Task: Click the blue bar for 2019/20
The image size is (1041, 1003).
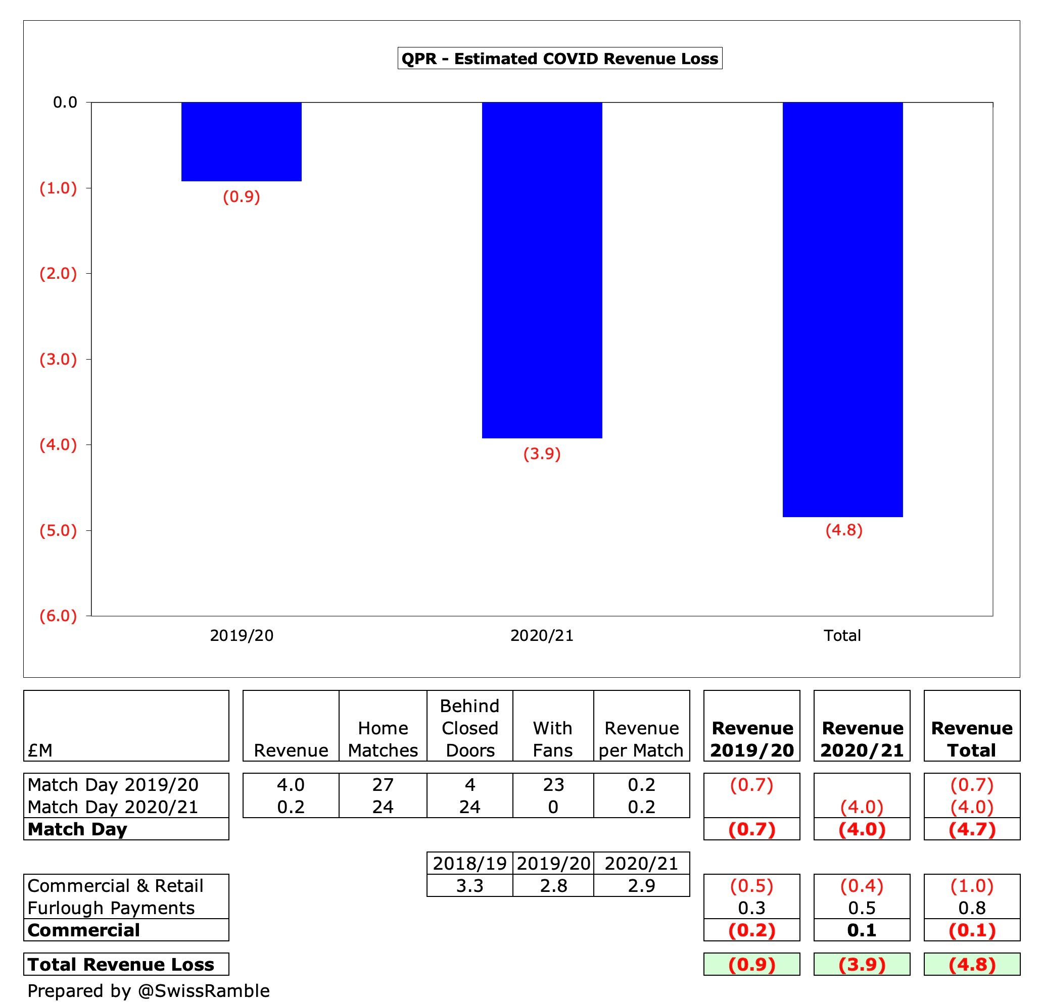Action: click(241, 142)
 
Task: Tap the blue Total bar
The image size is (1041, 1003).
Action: click(842, 309)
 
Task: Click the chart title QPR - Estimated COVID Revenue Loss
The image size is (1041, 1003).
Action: click(559, 59)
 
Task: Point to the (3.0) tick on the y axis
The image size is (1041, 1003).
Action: click(59, 359)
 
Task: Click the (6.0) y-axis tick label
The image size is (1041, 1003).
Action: click(59, 616)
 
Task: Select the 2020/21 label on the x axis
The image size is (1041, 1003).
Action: click(542, 635)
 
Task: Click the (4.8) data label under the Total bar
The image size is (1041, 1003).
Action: click(843, 530)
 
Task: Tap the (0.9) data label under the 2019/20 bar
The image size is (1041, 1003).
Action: click(241, 197)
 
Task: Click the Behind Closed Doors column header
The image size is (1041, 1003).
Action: click(469, 728)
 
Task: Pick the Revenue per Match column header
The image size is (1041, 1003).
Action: click(641, 739)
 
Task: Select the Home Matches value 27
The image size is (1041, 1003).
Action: click(383, 784)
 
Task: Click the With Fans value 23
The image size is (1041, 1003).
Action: click(553, 784)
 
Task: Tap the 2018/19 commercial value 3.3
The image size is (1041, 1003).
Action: click(469, 886)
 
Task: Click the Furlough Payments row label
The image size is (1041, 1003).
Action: click(111, 908)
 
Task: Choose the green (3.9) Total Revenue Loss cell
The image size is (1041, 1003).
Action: click(862, 964)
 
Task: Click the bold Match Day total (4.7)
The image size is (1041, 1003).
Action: click(971, 829)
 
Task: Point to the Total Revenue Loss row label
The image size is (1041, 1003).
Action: click(121, 964)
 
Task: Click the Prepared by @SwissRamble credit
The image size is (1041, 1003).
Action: click(148, 990)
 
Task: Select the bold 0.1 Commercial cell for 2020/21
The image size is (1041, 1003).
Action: click(862, 930)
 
